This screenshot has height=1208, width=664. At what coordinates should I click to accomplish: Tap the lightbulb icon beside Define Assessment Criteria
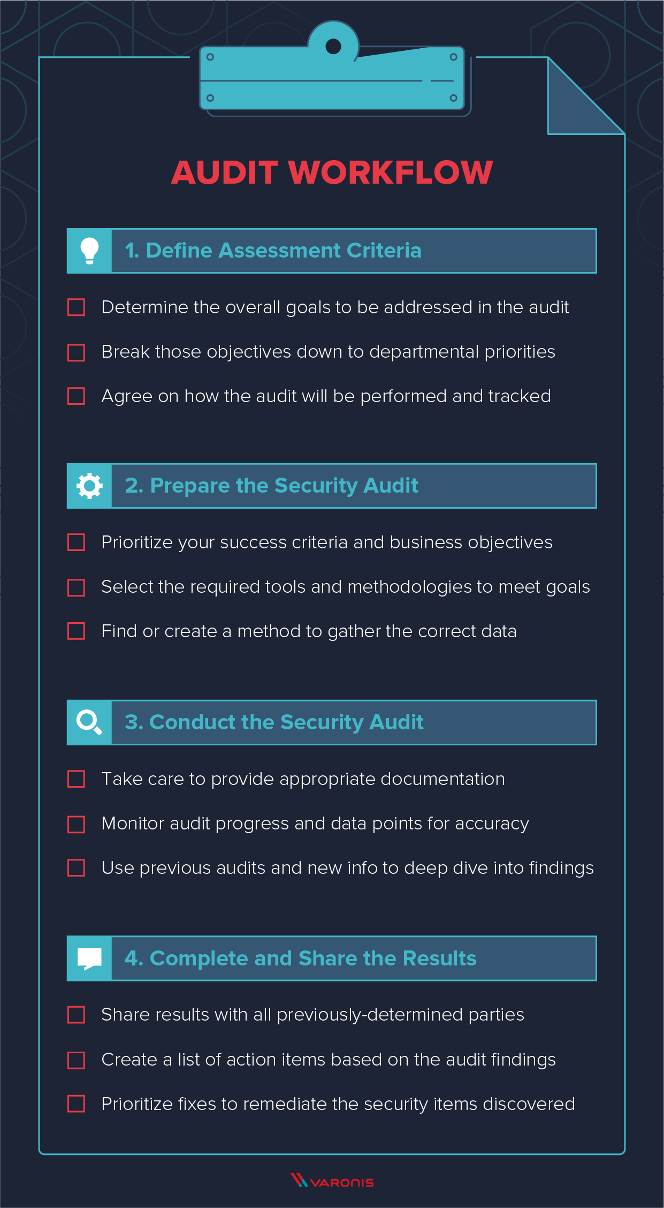click(x=89, y=251)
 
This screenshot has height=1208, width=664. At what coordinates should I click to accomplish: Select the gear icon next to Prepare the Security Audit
click(x=89, y=486)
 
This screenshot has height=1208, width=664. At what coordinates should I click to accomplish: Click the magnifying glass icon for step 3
click(x=89, y=722)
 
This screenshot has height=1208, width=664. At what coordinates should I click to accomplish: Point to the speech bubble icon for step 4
click(x=89, y=958)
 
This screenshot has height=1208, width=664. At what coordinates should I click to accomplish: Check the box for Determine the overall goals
click(x=77, y=307)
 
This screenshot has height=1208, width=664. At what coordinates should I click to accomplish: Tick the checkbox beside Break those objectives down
click(x=77, y=352)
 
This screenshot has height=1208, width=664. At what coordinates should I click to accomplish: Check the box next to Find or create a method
click(x=77, y=631)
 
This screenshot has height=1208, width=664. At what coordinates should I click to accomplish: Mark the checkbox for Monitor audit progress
click(x=77, y=824)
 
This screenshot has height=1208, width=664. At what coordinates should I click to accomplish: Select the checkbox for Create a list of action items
click(x=77, y=1060)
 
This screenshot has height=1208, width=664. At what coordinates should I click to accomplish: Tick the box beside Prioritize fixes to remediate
click(x=77, y=1104)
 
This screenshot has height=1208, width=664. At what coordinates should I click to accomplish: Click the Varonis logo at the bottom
click(x=332, y=1181)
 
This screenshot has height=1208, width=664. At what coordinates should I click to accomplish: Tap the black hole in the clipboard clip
click(x=333, y=47)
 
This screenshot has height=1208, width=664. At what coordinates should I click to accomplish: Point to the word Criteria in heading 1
click(x=384, y=251)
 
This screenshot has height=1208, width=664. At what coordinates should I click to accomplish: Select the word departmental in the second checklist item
click(x=424, y=352)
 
